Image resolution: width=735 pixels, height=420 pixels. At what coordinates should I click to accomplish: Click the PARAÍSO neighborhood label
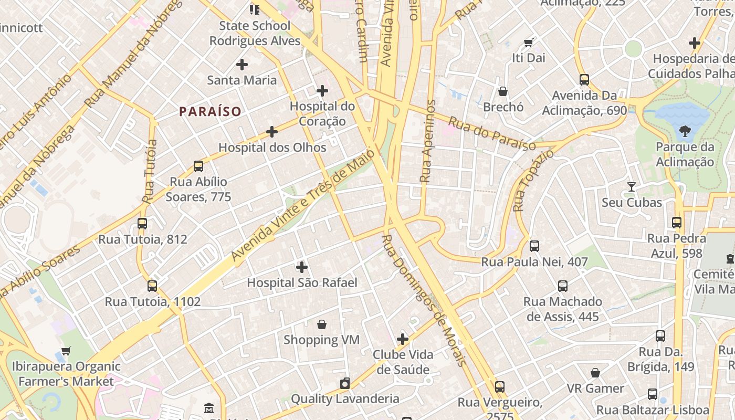(210, 111)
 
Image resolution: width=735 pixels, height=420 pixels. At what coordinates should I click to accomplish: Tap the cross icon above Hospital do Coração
(322, 91)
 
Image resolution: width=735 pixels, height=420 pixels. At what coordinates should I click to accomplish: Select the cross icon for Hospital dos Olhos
(272, 132)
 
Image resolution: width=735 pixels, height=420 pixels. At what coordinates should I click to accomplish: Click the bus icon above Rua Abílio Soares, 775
(198, 166)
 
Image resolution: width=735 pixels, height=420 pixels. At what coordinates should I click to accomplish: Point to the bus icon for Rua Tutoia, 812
(142, 224)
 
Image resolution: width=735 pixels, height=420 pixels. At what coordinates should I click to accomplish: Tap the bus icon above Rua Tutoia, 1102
(152, 286)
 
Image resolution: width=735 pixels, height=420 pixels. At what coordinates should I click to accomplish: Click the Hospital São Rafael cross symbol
(302, 267)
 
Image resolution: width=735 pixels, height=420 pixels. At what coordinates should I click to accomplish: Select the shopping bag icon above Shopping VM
(322, 325)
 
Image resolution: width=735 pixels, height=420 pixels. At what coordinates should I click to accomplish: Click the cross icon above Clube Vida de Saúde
(403, 339)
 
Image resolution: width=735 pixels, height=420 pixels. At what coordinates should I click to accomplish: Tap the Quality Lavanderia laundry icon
(344, 384)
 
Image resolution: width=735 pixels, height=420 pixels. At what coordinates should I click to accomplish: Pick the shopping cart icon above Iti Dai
(529, 43)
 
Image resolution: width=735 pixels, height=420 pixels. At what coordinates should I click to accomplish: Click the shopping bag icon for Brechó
(503, 92)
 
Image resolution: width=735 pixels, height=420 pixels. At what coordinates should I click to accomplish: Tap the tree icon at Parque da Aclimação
(685, 131)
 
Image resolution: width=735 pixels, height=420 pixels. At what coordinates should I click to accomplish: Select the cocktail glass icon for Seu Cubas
(632, 187)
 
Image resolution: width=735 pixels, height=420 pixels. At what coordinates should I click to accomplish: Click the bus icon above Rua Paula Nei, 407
(534, 246)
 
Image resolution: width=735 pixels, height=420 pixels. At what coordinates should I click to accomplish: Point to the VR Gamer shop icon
(595, 373)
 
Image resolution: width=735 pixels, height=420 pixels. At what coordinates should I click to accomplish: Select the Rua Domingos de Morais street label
(423, 300)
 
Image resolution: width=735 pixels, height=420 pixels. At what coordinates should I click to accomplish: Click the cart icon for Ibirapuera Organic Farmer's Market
(66, 351)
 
